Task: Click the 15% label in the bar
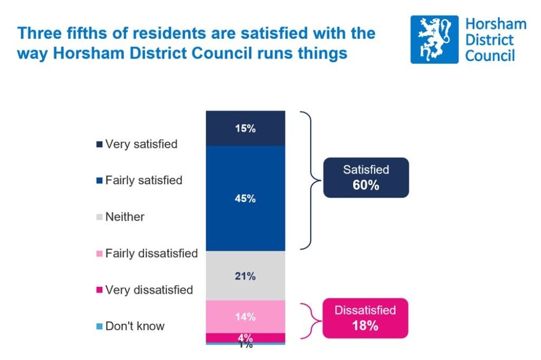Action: click(x=245, y=129)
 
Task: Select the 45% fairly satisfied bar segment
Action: click(x=245, y=198)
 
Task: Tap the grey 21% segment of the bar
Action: click(x=245, y=276)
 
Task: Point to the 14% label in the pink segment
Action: click(x=245, y=316)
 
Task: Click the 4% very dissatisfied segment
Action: click(x=245, y=337)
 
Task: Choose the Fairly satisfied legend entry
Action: click(x=140, y=181)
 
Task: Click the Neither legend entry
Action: click(x=120, y=217)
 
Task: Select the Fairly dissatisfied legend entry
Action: click(x=147, y=253)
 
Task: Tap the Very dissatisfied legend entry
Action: click(x=144, y=290)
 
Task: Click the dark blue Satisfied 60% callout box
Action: click(x=366, y=177)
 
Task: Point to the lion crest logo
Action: click(x=434, y=39)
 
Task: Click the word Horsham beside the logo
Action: click(x=496, y=24)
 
